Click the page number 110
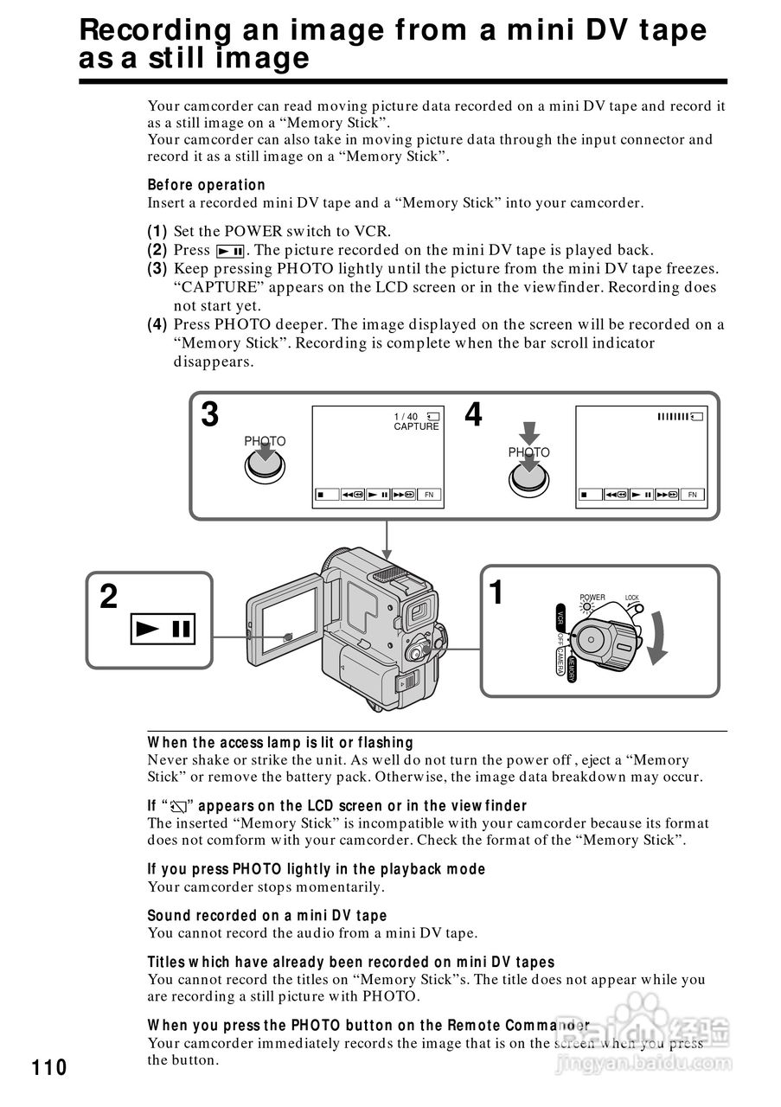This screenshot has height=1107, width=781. pyautogui.click(x=49, y=1067)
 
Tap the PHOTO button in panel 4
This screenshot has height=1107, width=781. pyautogui.click(x=528, y=477)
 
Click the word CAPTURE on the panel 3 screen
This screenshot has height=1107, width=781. pyautogui.click(x=416, y=426)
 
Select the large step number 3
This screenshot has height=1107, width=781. pyautogui.click(x=210, y=416)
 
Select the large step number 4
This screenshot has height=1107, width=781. pyautogui.click(x=473, y=416)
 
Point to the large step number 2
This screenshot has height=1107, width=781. pyautogui.click(x=108, y=597)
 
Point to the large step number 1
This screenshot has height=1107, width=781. pyautogui.click(x=496, y=593)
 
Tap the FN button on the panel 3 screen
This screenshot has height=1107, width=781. pyautogui.click(x=429, y=496)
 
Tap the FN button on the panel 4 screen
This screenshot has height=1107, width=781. pyautogui.click(x=692, y=495)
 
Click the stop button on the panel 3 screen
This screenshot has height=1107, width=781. pyautogui.click(x=323, y=496)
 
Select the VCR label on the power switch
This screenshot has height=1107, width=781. pyautogui.click(x=560, y=620)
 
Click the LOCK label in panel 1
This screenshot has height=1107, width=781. pyautogui.click(x=631, y=598)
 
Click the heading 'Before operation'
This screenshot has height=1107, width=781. pyautogui.click(x=206, y=184)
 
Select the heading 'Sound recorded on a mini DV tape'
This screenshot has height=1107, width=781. pyautogui.click(x=266, y=915)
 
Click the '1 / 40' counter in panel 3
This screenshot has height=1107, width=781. pyautogui.click(x=406, y=416)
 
